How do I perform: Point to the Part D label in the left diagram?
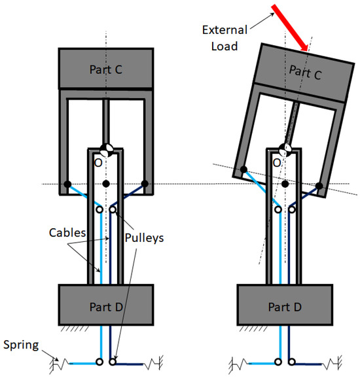105,305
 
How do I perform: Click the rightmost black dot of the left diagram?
145,184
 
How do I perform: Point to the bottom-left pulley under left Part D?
99,362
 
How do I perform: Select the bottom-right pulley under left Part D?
114,362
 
